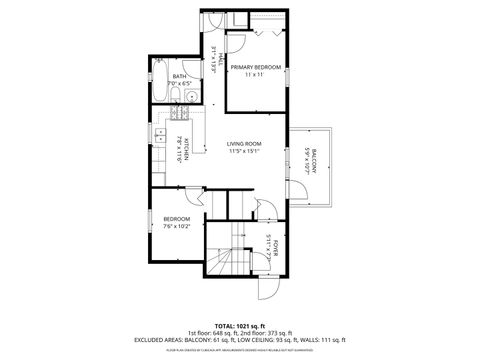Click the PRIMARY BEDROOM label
point(256,67)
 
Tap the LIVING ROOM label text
point(244,144)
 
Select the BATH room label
point(179,75)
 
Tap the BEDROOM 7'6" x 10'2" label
point(177,218)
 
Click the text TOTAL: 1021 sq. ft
point(240,326)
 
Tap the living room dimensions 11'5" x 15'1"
point(244,152)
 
